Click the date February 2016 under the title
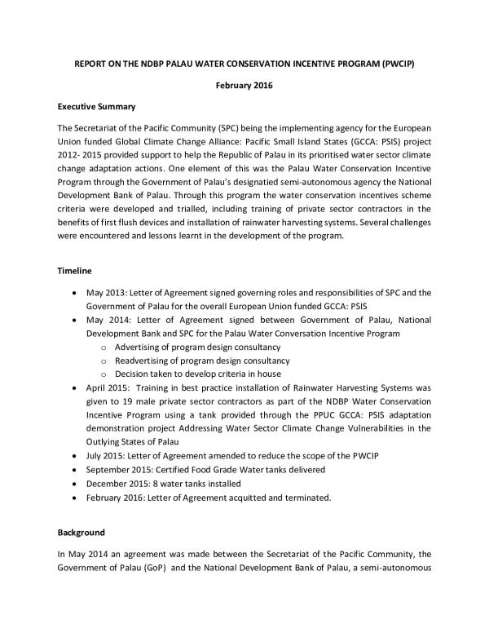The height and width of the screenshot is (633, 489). click(x=244, y=85)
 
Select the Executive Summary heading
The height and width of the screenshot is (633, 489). click(x=96, y=108)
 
